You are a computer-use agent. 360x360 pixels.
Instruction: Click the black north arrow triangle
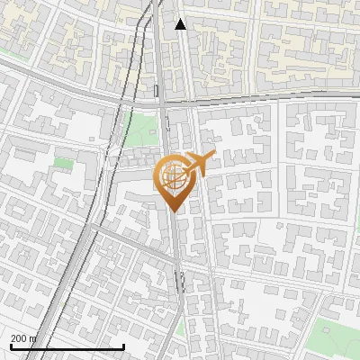point(181,24)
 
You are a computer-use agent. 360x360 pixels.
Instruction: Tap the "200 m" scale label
point(23,338)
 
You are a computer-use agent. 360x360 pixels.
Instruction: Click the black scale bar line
point(67,347)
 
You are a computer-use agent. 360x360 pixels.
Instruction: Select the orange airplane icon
point(200,163)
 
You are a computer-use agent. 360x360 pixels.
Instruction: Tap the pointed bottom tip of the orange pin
point(172,211)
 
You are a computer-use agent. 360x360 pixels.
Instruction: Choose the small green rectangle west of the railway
point(63,163)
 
